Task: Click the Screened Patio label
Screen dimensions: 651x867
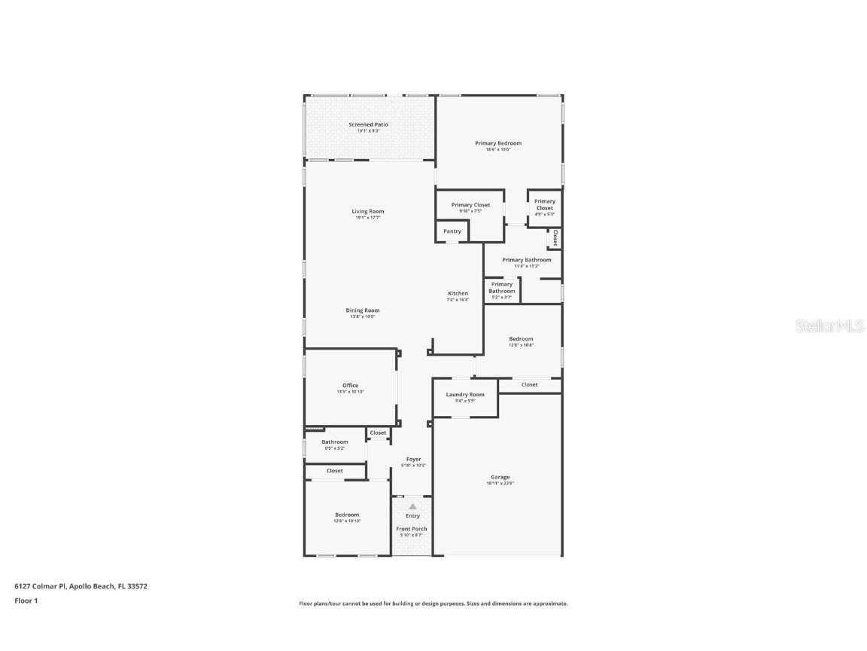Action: pyautogui.click(x=368, y=125)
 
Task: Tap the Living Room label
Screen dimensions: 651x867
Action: pyautogui.click(x=368, y=212)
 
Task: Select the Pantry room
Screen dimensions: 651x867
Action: pyautogui.click(x=452, y=231)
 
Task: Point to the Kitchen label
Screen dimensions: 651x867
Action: pyautogui.click(x=458, y=294)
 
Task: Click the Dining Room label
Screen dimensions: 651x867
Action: pyautogui.click(x=363, y=310)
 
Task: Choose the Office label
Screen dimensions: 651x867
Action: pyautogui.click(x=351, y=386)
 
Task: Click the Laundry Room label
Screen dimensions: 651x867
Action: pyautogui.click(x=465, y=395)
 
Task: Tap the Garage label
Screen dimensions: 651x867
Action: pyautogui.click(x=500, y=477)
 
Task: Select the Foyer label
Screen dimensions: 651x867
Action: pyautogui.click(x=414, y=459)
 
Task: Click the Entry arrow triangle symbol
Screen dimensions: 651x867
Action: pyautogui.click(x=412, y=506)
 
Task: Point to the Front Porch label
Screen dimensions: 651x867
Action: pyautogui.click(x=412, y=529)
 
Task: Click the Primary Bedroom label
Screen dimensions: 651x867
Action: pyautogui.click(x=497, y=143)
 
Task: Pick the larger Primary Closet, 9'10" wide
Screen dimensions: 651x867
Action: pyautogui.click(x=470, y=205)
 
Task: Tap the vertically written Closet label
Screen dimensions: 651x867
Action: pyautogui.click(x=555, y=238)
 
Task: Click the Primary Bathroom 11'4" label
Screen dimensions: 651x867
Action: pyautogui.click(x=526, y=260)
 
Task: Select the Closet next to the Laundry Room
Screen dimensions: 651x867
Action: pyautogui.click(x=530, y=384)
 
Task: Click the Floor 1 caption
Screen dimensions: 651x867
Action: pyautogui.click(x=26, y=601)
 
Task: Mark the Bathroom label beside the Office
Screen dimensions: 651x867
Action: pyautogui.click(x=335, y=442)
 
